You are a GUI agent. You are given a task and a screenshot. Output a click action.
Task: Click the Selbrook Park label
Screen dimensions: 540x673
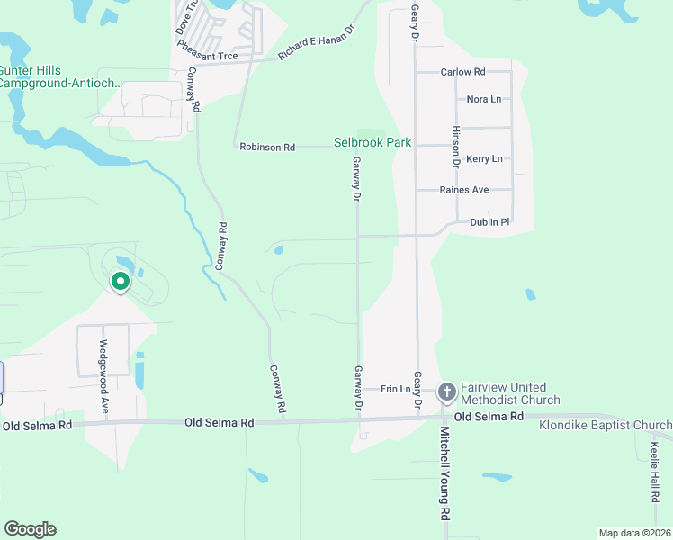click(372, 142)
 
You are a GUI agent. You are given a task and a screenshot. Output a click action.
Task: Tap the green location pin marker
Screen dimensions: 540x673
click(120, 283)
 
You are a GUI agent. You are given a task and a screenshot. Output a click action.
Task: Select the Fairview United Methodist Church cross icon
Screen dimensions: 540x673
click(447, 391)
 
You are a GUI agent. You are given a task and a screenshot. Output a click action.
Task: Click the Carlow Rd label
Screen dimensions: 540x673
click(462, 72)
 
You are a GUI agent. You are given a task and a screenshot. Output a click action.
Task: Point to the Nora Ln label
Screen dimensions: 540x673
click(483, 99)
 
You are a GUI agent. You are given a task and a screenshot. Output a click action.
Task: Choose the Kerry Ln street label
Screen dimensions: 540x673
click(484, 158)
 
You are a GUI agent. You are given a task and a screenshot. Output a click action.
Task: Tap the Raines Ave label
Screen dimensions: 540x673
click(463, 190)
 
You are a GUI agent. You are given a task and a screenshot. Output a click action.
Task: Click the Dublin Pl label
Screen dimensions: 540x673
click(489, 221)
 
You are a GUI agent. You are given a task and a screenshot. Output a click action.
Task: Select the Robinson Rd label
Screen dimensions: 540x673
click(267, 147)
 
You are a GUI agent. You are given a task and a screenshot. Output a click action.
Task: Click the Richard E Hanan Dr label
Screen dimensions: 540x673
click(317, 42)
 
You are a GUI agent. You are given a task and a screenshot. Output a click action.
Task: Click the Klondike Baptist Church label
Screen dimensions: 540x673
click(605, 425)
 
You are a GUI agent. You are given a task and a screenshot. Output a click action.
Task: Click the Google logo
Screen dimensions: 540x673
click(30, 529)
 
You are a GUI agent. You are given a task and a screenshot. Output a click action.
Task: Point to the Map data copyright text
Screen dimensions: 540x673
click(633, 533)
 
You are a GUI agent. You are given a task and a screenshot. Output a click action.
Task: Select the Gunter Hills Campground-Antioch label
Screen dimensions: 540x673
click(59, 76)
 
